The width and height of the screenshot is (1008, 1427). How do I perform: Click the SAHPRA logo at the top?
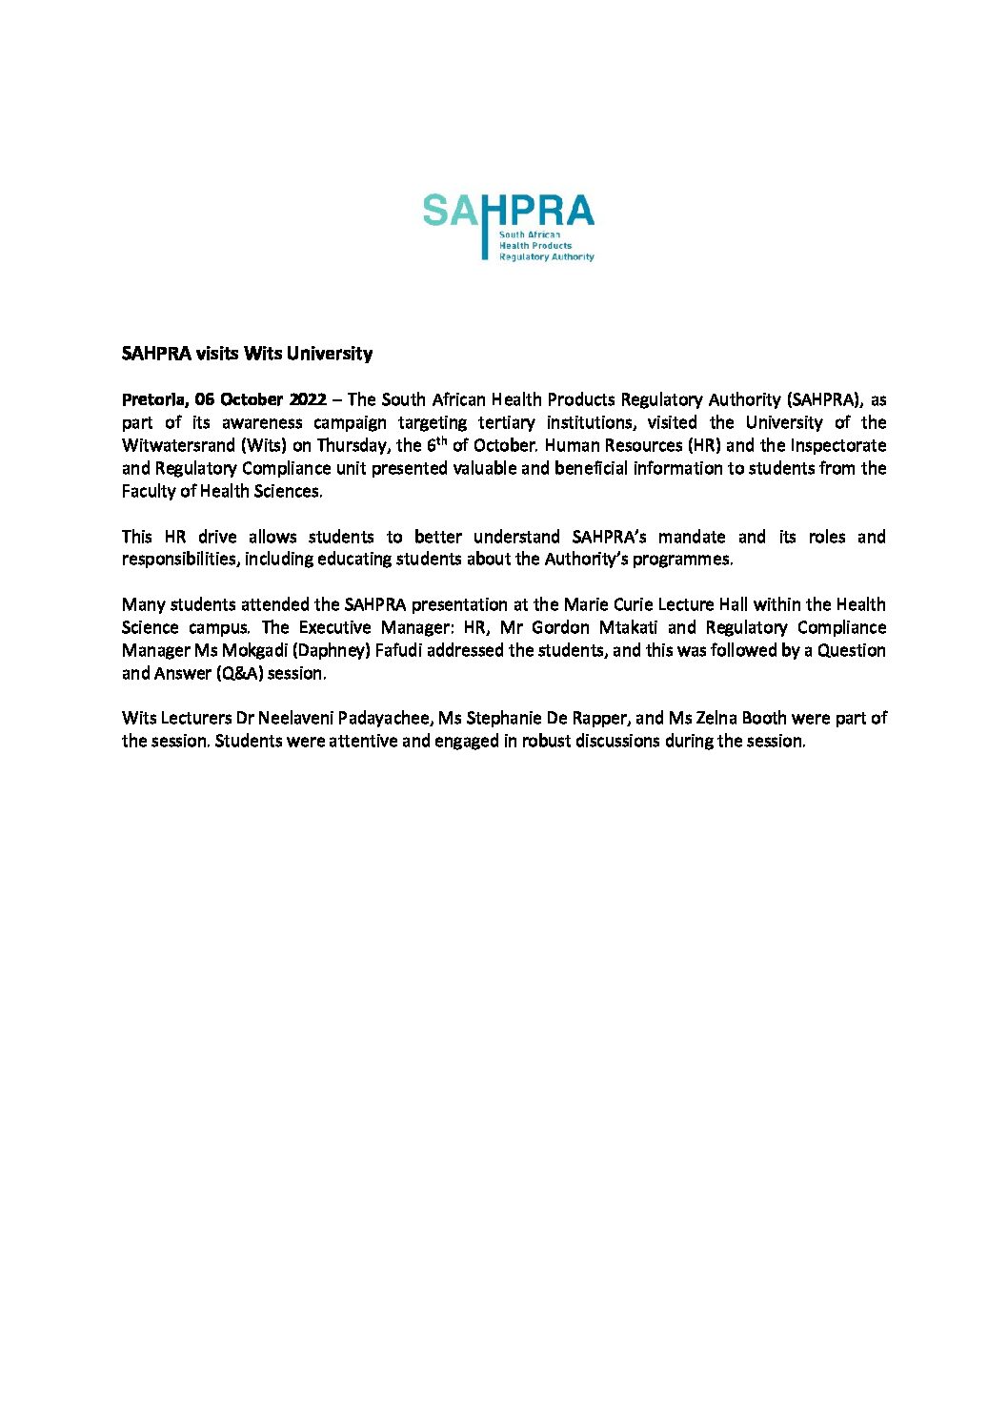[x=509, y=227]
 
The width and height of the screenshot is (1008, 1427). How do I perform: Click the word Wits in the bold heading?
[x=263, y=354]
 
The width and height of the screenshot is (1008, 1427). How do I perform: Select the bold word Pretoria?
[x=153, y=399]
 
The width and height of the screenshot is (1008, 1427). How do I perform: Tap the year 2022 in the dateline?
[x=307, y=399]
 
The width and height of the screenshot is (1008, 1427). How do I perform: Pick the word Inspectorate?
[x=838, y=445]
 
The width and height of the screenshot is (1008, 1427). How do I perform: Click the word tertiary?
[x=506, y=422]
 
